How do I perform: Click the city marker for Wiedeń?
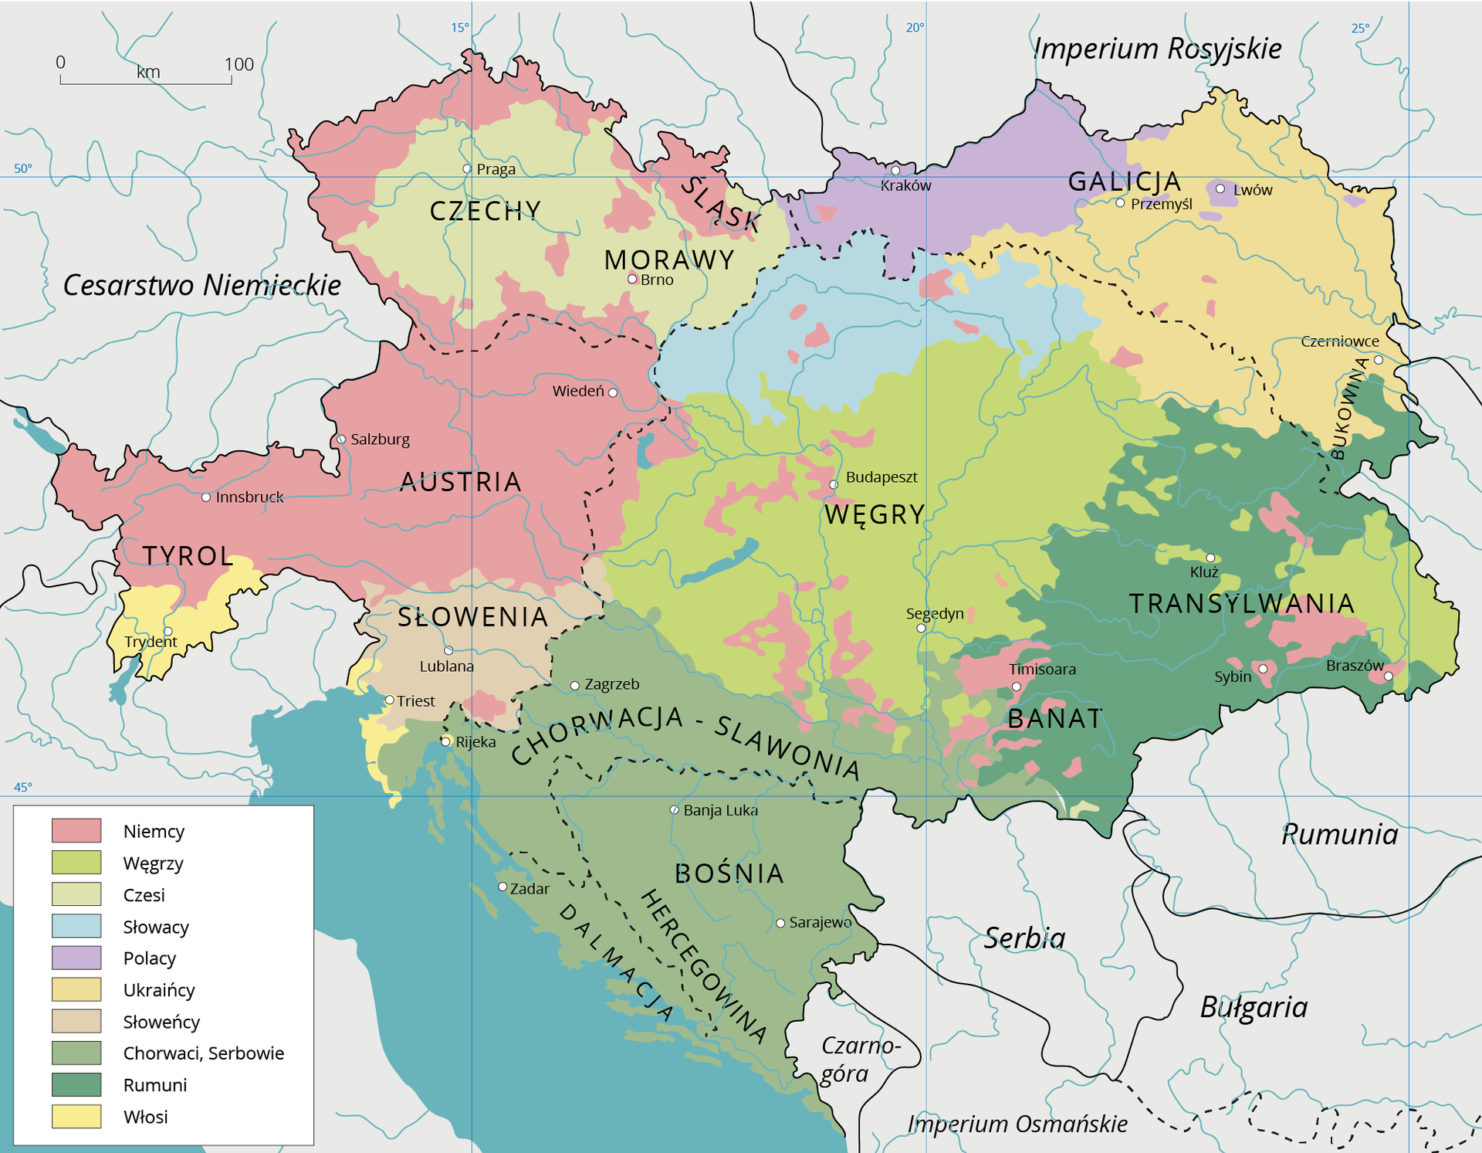point(613,392)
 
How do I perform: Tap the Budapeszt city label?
point(881,477)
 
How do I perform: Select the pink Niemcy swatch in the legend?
point(76,830)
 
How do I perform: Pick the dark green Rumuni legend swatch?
point(76,1084)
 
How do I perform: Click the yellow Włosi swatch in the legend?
point(76,1116)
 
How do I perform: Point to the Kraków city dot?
point(895,171)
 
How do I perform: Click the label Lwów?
point(1252,190)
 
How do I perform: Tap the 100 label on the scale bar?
point(239,64)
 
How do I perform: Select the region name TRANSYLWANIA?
point(1241,603)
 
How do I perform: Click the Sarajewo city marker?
point(780,923)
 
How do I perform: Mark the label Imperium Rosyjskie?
point(1157,49)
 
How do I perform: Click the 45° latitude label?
point(23,787)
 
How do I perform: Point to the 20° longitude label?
point(915,28)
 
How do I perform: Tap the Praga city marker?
point(467,168)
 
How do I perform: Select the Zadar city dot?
point(502,887)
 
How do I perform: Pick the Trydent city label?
point(151,642)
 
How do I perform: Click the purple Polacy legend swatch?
point(76,958)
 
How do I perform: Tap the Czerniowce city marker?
point(1379,360)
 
